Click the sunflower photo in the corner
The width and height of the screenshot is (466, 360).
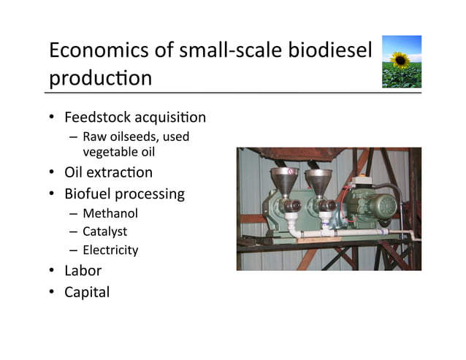click(x=402, y=61)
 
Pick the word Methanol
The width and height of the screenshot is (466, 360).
click(x=110, y=214)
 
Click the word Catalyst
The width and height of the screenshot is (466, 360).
click(x=105, y=232)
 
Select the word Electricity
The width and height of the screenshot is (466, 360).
click(x=110, y=250)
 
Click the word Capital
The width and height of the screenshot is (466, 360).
click(x=87, y=292)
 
